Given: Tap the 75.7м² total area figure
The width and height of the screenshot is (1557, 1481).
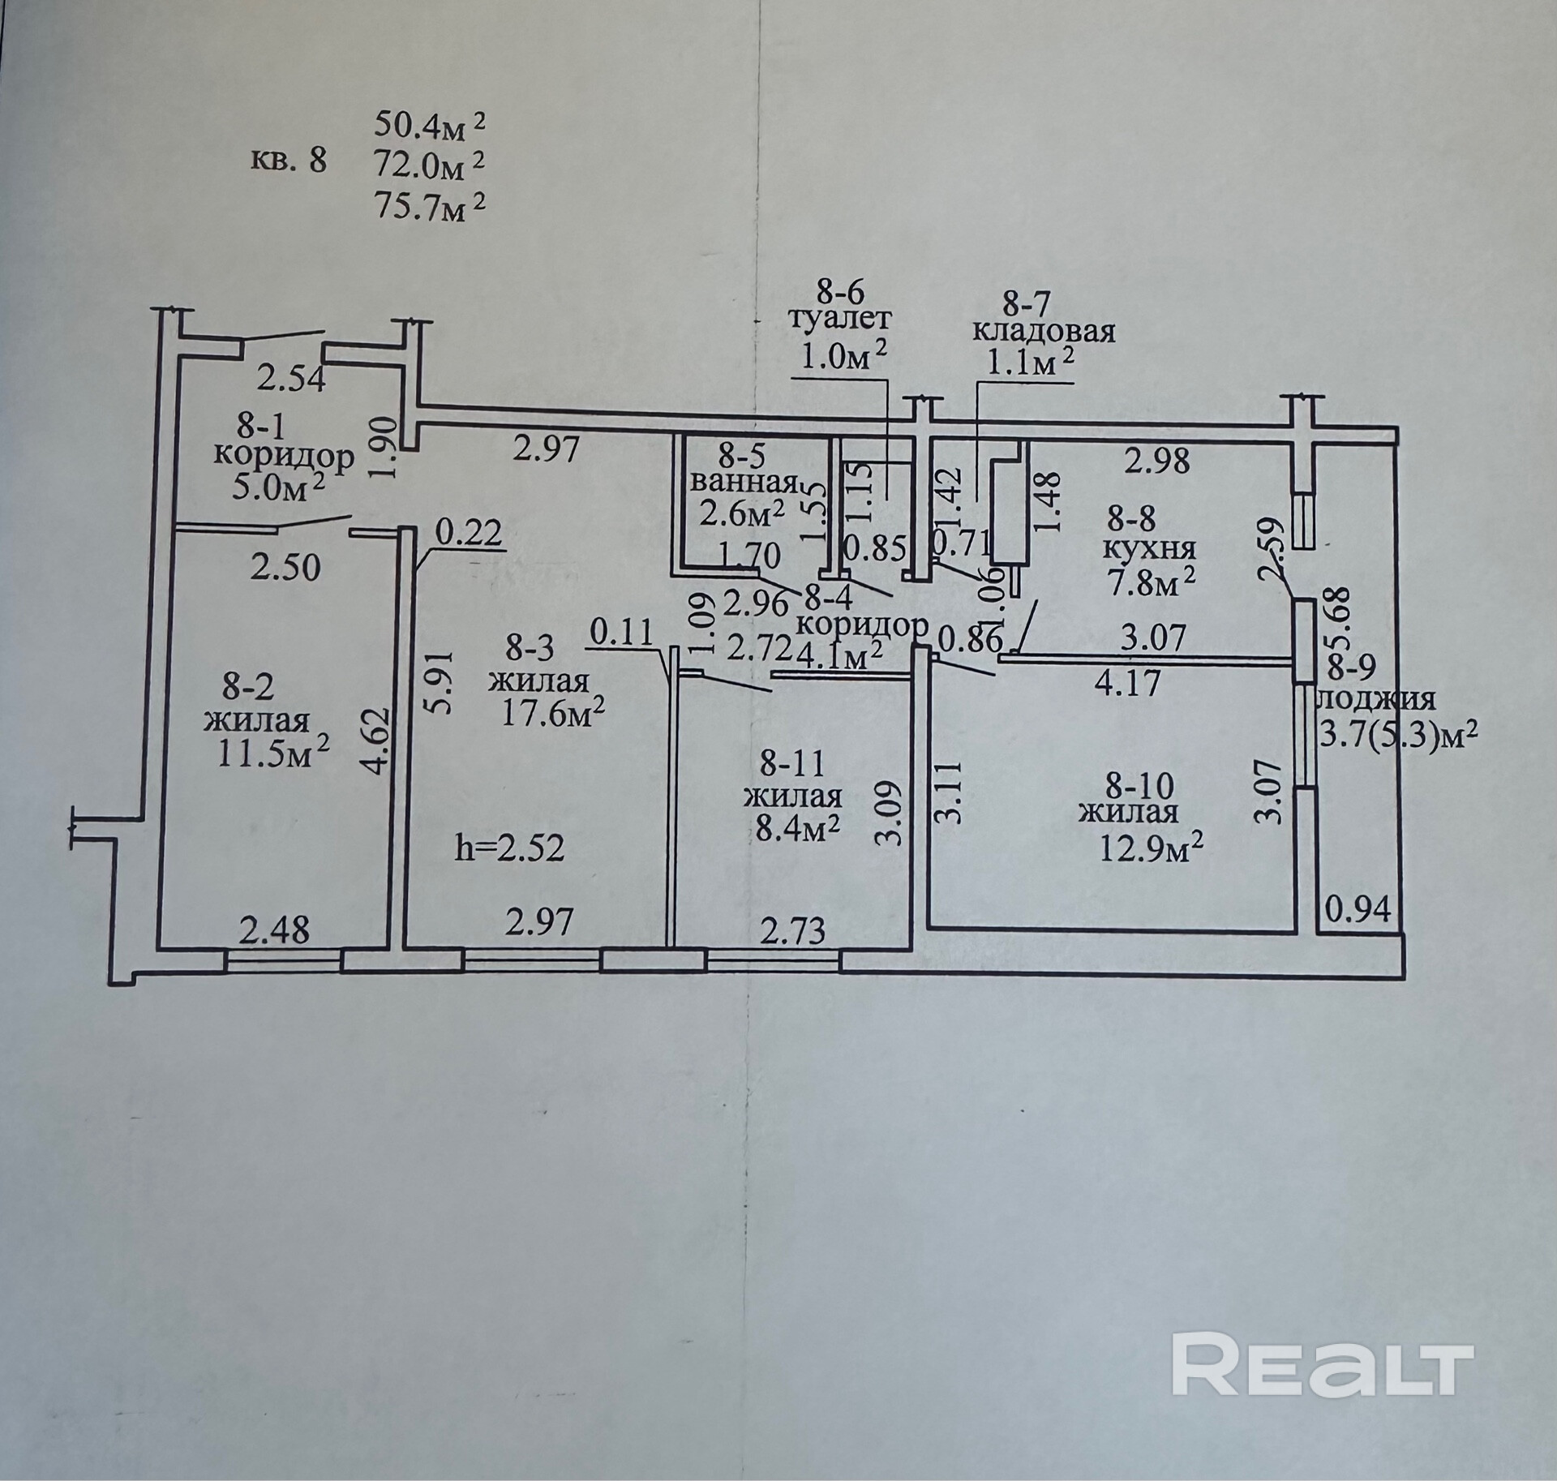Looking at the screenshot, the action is tap(429, 208).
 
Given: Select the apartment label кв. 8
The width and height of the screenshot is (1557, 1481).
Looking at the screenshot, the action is tap(289, 161).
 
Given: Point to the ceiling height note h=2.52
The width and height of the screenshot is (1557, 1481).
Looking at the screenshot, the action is tap(509, 848).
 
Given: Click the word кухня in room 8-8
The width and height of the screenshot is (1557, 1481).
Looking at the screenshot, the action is tap(1149, 548).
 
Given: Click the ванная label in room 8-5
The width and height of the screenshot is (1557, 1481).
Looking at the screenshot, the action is tap(743, 484).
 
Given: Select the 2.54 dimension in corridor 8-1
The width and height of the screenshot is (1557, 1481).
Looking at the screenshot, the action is tap(292, 378).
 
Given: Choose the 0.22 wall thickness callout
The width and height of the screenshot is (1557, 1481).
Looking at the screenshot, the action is tap(469, 534).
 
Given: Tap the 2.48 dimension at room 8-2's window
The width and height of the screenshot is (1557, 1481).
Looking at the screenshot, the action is tap(274, 930).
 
